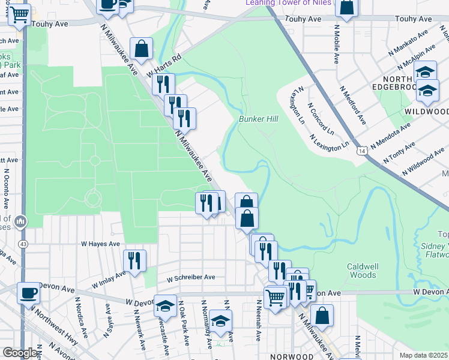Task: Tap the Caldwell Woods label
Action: point(361,271)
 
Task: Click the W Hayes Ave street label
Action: point(101,244)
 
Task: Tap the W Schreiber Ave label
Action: point(191,278)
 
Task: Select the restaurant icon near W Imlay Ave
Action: point(134,260)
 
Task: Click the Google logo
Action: point(20,353)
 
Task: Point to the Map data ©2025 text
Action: point(424,355)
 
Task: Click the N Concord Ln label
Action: point(321,119)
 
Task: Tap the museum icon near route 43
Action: point(21,223)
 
